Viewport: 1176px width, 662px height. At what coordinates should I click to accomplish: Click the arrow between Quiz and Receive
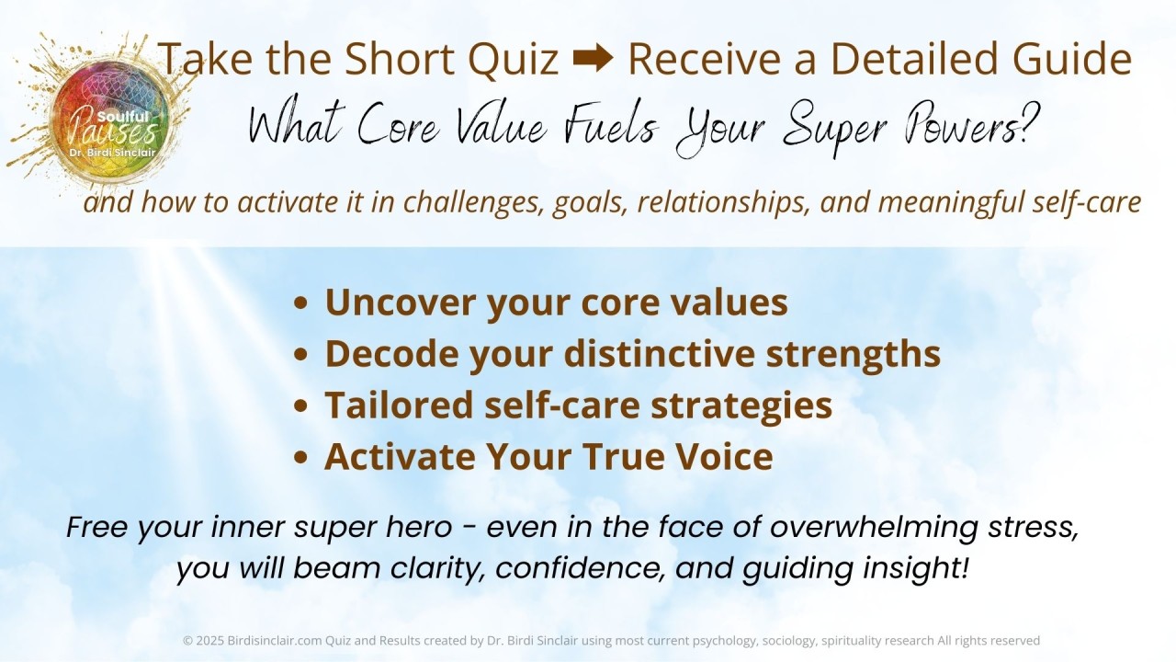coord(594,58)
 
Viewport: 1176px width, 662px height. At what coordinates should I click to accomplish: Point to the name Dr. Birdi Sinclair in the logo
coord(113,153)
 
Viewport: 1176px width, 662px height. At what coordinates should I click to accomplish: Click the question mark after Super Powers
coord(1029,124)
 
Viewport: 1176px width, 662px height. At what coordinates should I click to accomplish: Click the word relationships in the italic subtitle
coord(723,202)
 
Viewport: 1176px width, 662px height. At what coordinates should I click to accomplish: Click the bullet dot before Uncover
coord(300,303)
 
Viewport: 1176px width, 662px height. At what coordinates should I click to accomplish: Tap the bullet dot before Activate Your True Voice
coord(300,457)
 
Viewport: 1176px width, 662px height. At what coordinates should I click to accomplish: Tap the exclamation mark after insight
coord(963,567)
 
